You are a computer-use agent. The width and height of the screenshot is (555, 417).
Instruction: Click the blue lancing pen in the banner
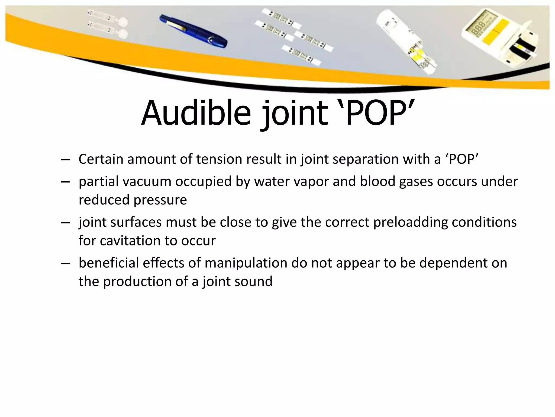click(193, 31)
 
